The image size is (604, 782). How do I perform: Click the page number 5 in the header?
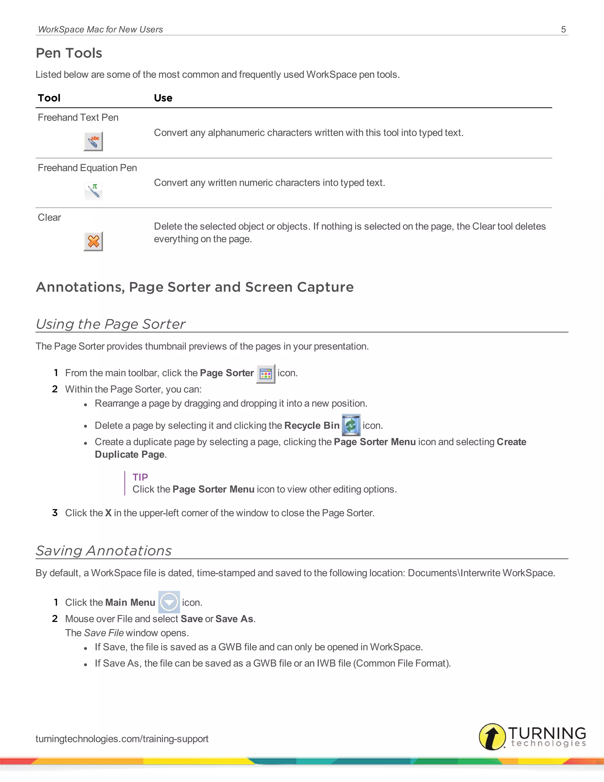coord(563,29)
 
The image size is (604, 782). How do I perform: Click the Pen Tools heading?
coord(69,53)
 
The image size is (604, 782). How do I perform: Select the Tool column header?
coord(49,98)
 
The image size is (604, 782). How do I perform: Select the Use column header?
coord(163,98)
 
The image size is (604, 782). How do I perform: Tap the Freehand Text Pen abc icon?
coord(93,141)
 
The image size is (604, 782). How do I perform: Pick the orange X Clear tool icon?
coord(93,241)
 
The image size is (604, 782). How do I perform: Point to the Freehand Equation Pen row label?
coord(87,168)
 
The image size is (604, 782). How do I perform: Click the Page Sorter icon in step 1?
coord(265,374)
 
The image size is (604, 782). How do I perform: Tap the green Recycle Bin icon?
coord(351,425)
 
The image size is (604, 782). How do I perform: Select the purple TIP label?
coord(140,477)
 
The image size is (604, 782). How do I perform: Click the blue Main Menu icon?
coord(169,602)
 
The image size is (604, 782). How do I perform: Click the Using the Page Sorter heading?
coord(111,324)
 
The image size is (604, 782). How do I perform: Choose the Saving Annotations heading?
coord(104,550)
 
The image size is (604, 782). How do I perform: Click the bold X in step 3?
coord(108,513)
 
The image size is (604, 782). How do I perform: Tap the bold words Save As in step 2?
coord(234,619)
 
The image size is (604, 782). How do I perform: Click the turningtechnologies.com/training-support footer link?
coord(122,738)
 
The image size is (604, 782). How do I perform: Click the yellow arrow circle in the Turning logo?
coord(492,737)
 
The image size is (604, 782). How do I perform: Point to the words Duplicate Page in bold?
coord(129,454)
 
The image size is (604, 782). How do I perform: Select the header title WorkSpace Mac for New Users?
coord(100,29)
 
